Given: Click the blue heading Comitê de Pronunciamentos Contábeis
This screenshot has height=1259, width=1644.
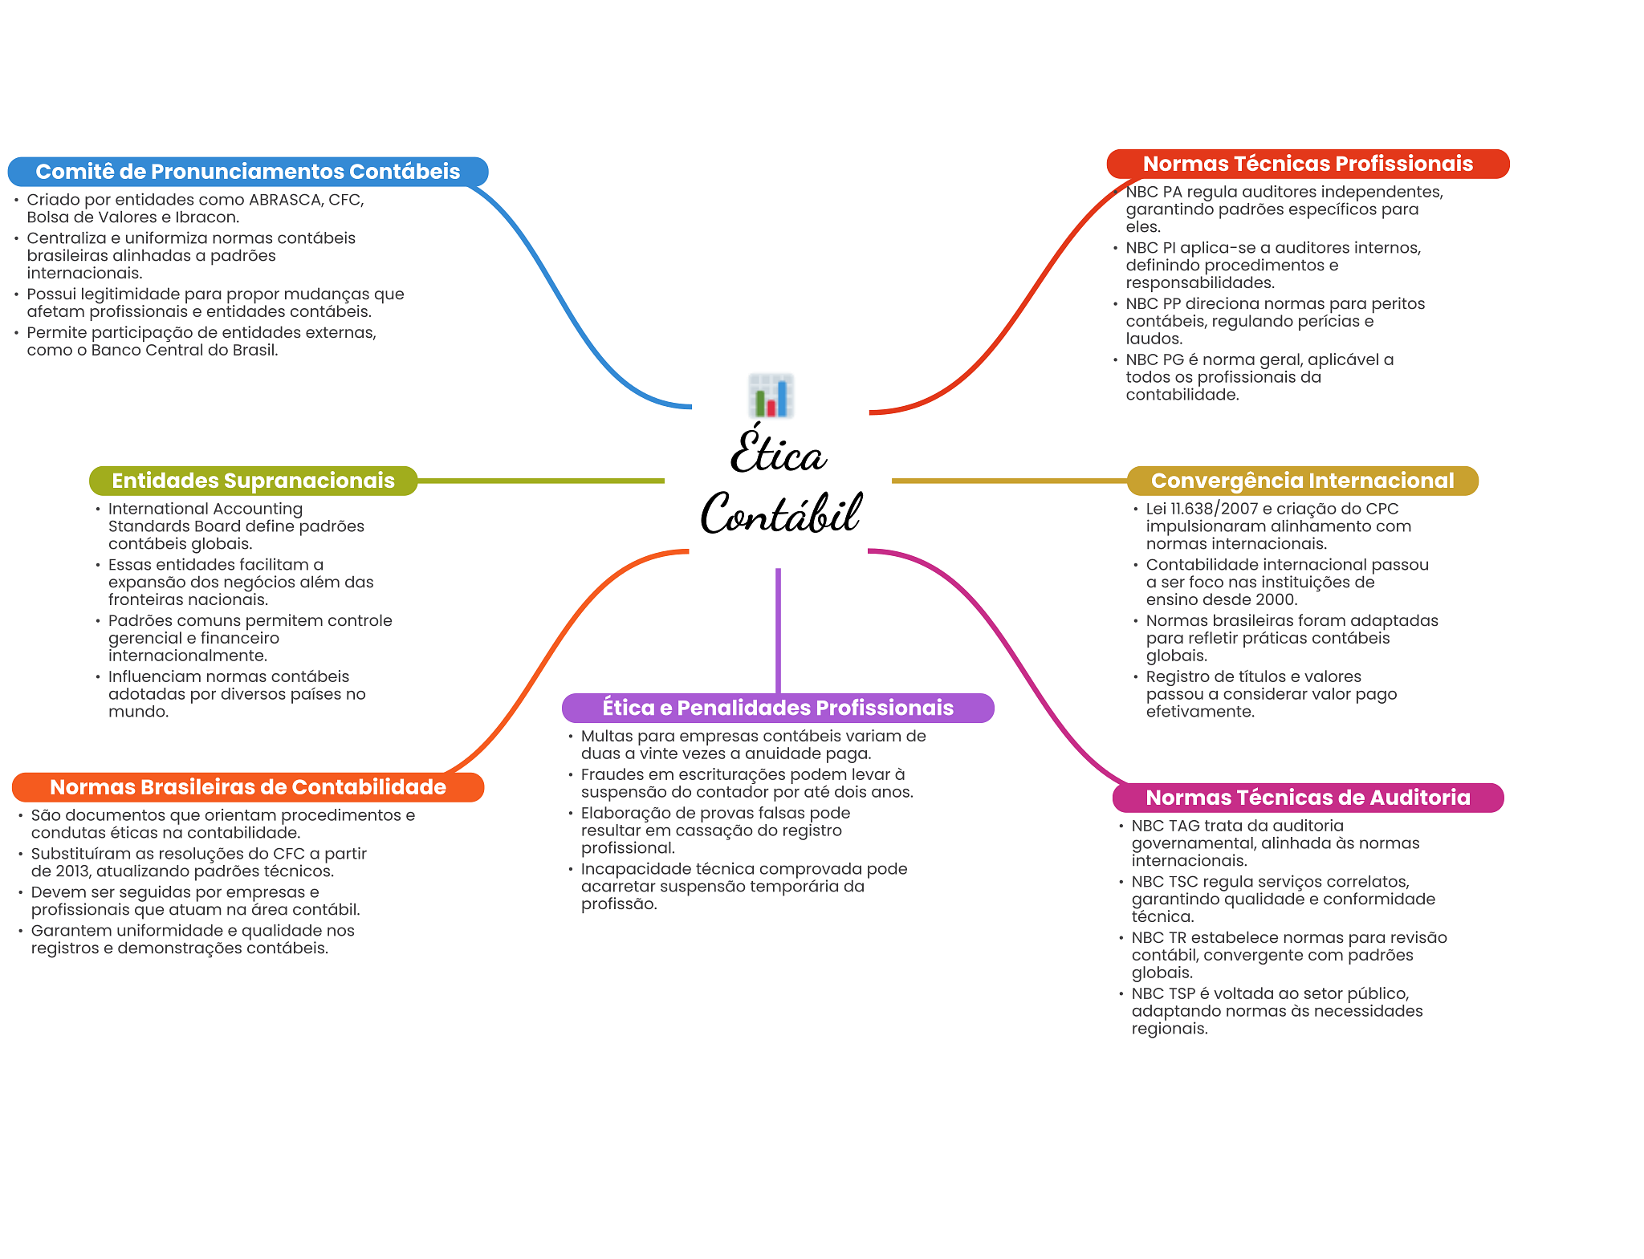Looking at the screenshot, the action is (x=248, y=172).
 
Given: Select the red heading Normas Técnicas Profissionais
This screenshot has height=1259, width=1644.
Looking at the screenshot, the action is (x=1308, y=164).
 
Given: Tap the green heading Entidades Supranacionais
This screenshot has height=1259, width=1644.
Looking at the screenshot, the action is (x=253, y=481).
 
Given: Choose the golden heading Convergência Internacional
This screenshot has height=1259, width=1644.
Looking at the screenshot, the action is (x=1302, y=481).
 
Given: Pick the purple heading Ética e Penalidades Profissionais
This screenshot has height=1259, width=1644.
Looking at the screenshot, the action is (x=778, y=708).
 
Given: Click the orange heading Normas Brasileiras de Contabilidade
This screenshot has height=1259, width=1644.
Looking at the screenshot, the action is (x=248, y=787).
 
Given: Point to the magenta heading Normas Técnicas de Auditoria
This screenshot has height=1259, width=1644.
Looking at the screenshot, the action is (x=1308, y=798).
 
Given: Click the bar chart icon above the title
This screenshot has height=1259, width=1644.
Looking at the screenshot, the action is (x=771, y=395).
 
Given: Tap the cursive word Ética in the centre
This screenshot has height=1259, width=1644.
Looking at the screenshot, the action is (x=778, y=452).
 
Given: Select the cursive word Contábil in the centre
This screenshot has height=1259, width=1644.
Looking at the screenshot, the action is (x=781, y=513).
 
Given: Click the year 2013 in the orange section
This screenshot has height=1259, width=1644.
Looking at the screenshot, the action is (x=73, y=871).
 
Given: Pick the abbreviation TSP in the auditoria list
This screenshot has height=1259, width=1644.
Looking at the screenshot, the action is (x=1182, y=994).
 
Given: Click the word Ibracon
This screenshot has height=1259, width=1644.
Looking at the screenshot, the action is (x=206, y=217).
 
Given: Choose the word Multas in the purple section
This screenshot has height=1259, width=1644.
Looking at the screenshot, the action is (x=607, y=736).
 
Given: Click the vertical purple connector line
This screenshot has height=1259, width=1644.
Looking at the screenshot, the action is (x=778, y=631).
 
